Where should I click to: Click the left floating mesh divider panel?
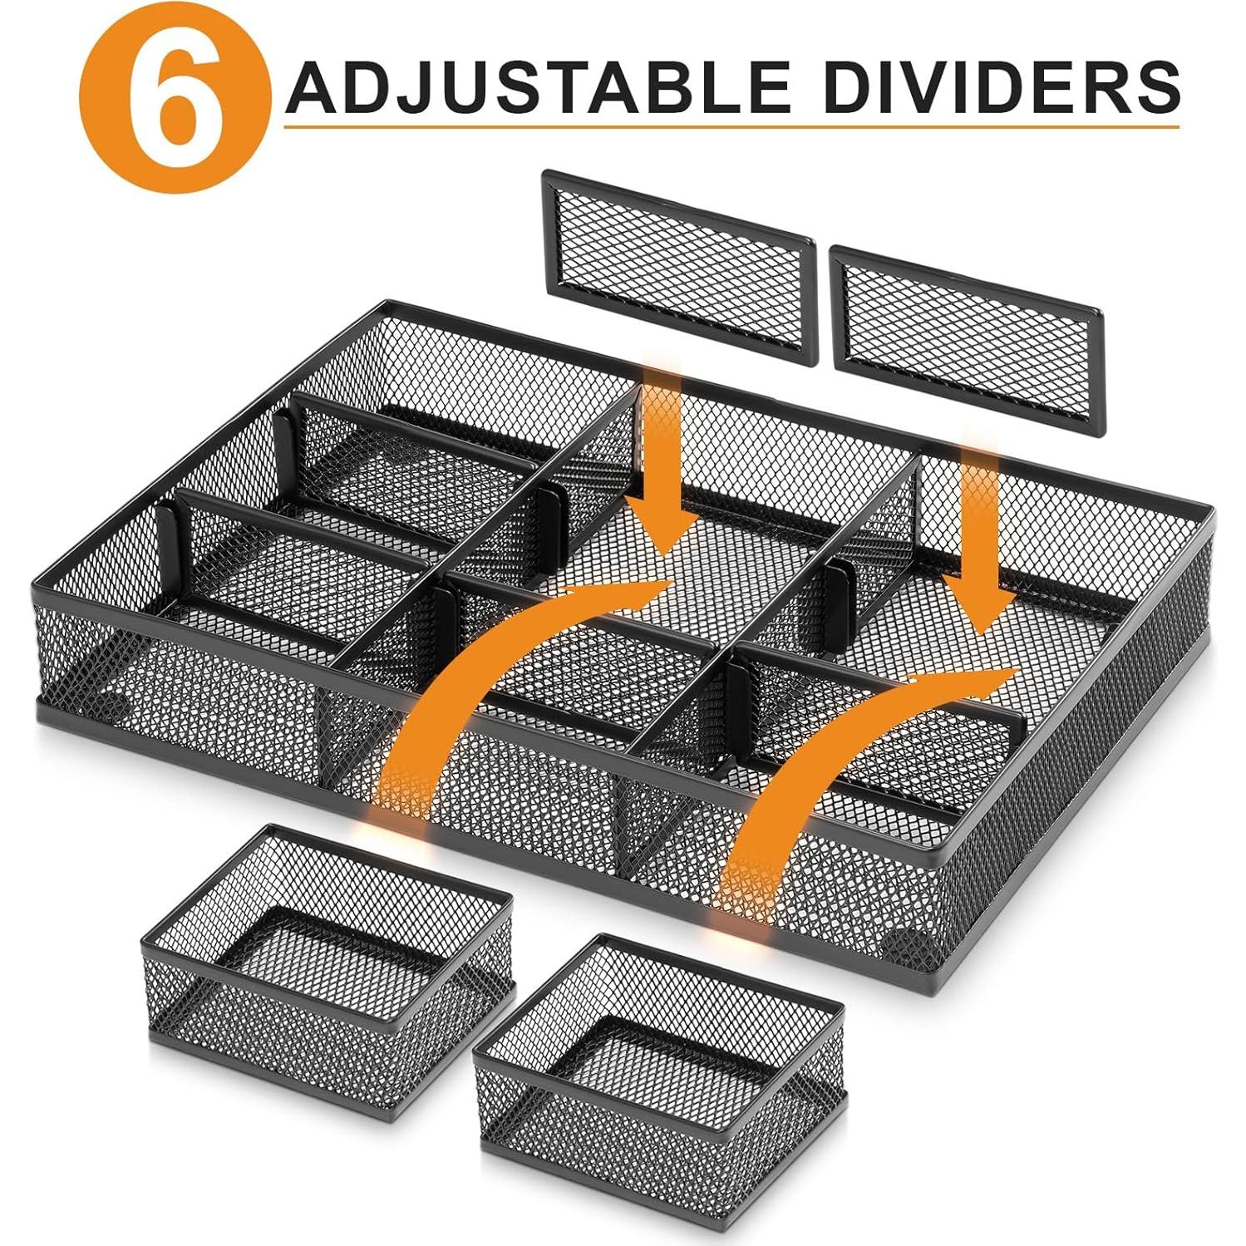678,266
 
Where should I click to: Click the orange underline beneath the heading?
731,128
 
